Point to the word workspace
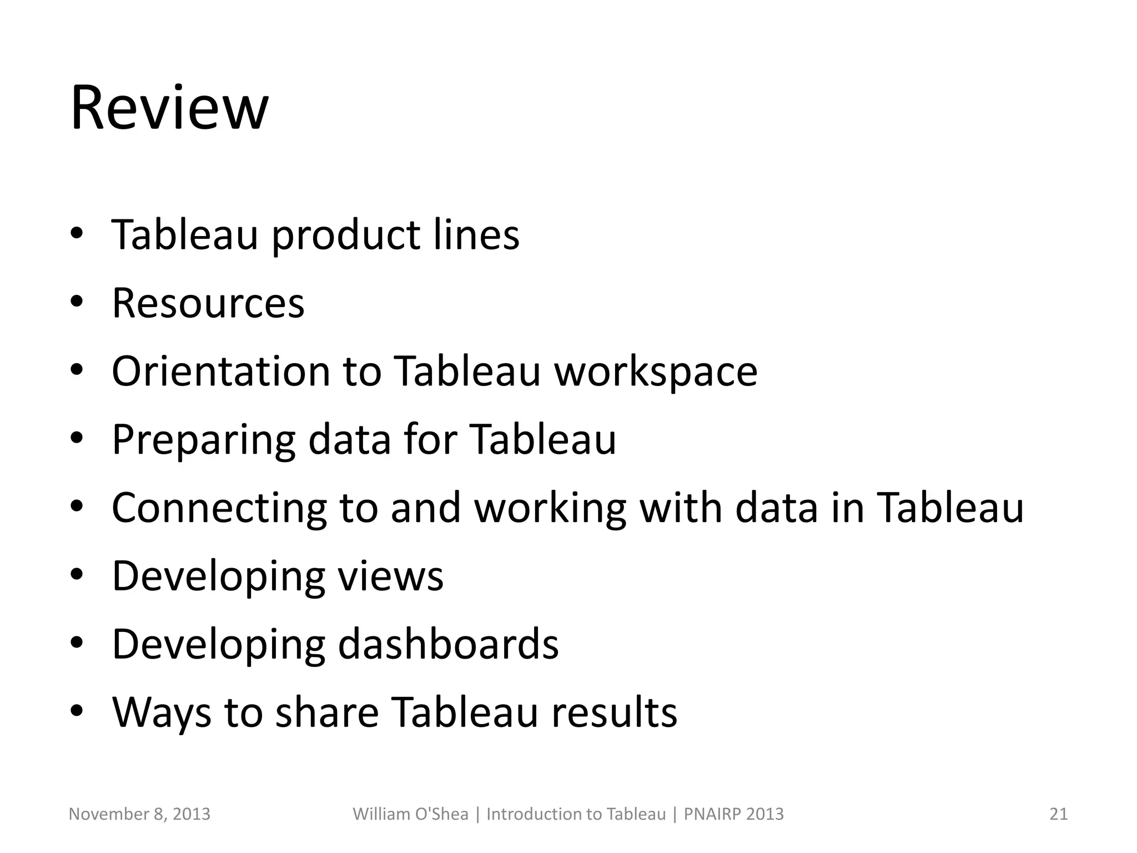click(x=656, y=372)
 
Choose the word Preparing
click(x=203, y=440)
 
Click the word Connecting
click(x=219, y=508)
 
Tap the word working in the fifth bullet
click(x=550, y=508)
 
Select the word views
click(x=391, y=576)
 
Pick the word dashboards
click(x=448, y=644)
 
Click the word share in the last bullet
click(x=327, y=712)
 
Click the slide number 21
click(x=1058, y=814)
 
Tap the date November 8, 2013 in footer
click(x=139, y=814)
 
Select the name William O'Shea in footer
click(x=410, y=814)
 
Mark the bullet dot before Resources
click(x=77, y=302)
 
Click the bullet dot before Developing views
click(x=77, y=574)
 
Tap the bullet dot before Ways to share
click(x=77, y=710)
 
